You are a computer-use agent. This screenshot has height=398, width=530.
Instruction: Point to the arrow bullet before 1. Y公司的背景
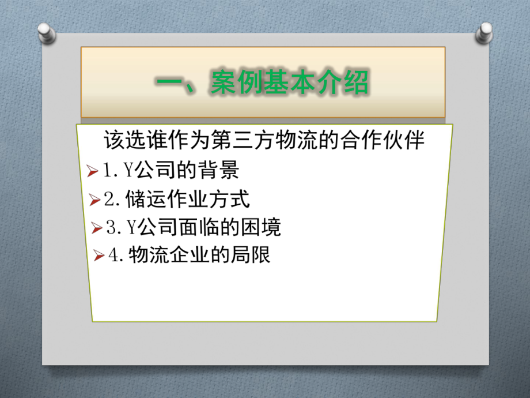(90, 171)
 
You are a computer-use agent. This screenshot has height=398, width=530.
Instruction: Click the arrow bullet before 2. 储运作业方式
(95, 200)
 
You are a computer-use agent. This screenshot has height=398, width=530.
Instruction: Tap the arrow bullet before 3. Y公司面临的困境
(97, 228)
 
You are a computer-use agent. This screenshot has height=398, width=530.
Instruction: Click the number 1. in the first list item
(111, 171)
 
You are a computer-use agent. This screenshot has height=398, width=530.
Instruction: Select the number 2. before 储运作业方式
(113, 200)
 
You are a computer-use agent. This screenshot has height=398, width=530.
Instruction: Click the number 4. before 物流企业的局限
(117, 256)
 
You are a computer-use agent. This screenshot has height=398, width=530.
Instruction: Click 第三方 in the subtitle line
(222, 141)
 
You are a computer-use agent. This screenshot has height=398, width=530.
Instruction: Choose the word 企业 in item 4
(185, 255)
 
